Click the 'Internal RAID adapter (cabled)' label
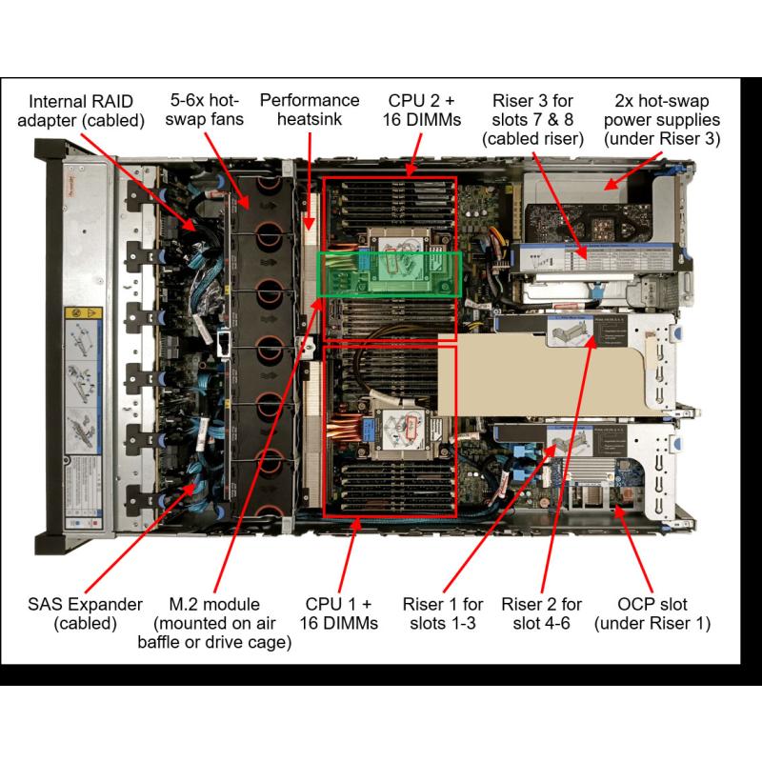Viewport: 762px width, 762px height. click(x=87, y=110)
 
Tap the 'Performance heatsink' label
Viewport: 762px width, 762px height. click(x=310, y=110)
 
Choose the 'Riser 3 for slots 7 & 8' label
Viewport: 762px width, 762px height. click(x=532, y=119)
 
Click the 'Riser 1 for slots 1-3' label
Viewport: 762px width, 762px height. click(x=443, y=613)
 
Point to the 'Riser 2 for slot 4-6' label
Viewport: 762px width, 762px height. click(x=541, y=613)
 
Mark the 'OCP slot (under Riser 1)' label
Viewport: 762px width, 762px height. click(x=652, y=613)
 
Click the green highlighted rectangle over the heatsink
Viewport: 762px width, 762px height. click(x=389, y=273)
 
